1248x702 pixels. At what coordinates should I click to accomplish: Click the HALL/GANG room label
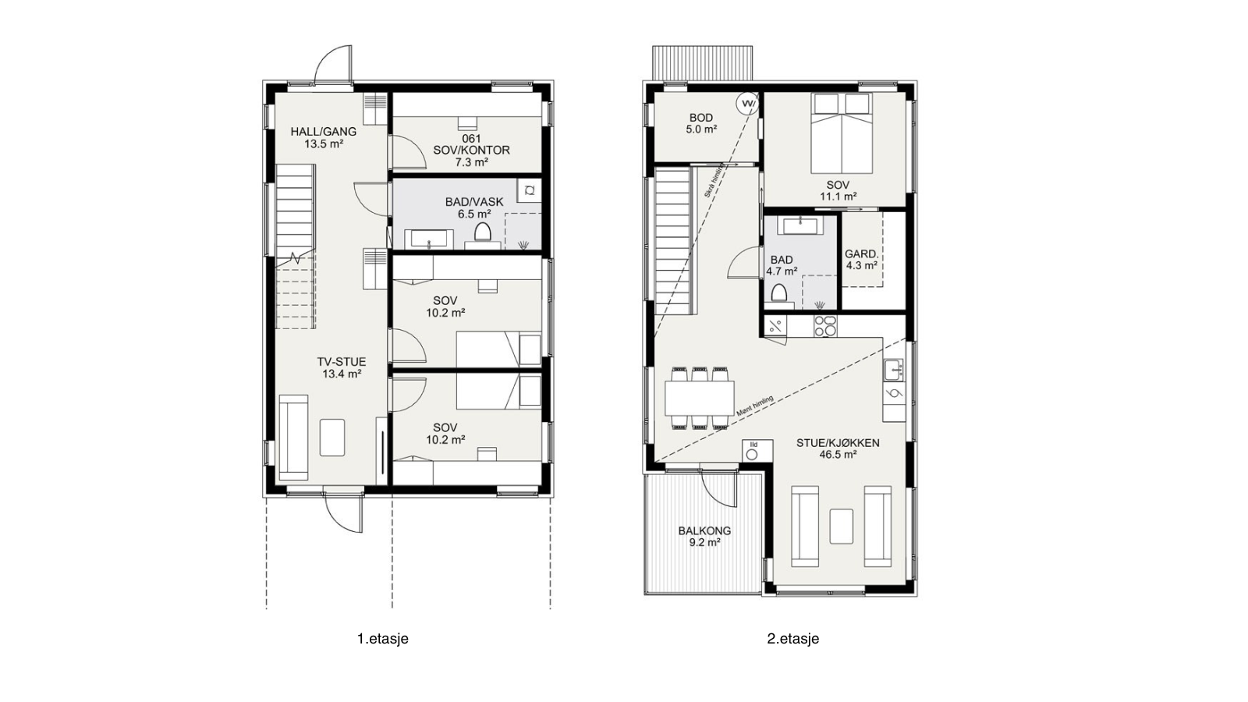[x=323, y=137]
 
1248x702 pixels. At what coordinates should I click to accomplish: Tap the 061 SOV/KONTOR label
[x=471, y=150]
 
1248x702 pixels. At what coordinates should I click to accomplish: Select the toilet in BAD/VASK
[x=482, y=233]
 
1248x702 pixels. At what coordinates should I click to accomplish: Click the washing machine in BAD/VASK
[x=530, y=190]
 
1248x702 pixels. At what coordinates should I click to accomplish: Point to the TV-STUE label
[x=342, y=367]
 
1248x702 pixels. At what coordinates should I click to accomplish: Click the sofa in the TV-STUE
[x=293, y=438]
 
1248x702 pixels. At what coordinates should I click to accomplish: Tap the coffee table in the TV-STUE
[x=332, y=438]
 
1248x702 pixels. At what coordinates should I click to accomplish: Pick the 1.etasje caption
[x=383, y=639]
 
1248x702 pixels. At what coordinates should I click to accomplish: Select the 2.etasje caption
[x=792, y=639]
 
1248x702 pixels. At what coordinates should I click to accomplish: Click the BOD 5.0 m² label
[x=701, y=124]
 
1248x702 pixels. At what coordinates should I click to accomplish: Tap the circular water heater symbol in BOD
[x=746, y=104]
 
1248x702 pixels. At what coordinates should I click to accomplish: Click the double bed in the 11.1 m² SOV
[x=842, y=133]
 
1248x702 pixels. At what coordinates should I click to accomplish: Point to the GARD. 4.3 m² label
[x=861, y=260]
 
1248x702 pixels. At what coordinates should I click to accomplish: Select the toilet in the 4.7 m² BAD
[x=779, y=295]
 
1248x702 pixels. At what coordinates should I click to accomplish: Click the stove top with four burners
[x=825, y=326]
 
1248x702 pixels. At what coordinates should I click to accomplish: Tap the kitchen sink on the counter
[x=894, y=369]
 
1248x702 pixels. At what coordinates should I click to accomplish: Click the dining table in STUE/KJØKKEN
[x=699, y=398]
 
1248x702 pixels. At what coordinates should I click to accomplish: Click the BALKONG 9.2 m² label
[x=704, y=537]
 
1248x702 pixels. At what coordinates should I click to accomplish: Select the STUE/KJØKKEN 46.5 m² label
[x=838, y=448]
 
